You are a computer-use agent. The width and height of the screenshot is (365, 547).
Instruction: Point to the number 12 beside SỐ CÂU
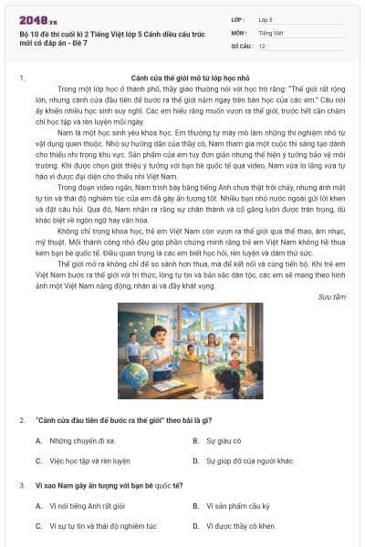263,45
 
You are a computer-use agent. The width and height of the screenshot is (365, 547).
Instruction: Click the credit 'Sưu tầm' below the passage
332,296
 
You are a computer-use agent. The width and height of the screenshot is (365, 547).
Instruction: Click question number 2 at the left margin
22,419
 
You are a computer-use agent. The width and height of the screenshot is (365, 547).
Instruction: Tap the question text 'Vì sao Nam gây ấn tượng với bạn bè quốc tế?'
109,485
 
